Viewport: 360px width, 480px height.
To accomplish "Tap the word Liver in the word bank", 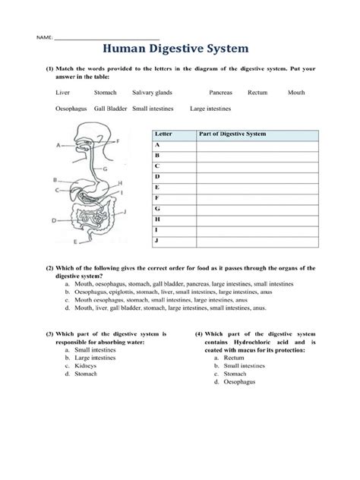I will pyautogui.click(x=63, y=92).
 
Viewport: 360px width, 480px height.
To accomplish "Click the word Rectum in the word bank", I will pyautogui.click(x=257, y=92).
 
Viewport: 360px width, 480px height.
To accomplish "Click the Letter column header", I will pyautogui.click(x=163, y=133).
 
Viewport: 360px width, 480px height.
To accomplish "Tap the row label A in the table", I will pyautogui.click(x=156, y=144).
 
